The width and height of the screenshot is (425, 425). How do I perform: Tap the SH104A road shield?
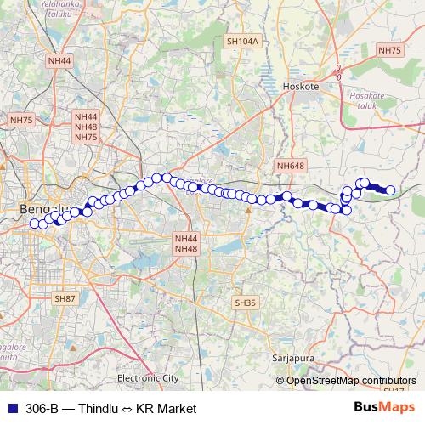coord(241,41)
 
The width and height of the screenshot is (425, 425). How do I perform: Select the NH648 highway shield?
coord(290,165)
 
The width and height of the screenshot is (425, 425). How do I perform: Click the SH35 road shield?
coord(245,303)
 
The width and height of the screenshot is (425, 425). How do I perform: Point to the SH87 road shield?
coord(65,299)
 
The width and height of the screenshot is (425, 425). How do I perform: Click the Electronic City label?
coord(149,377)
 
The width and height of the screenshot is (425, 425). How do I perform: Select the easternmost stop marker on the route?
coord(390,190)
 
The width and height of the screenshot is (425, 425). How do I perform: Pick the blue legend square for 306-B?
coord(9,408)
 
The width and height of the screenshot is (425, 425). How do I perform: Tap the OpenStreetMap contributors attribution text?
coord(351,380)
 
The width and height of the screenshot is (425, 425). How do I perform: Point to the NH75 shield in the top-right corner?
coord(389,51)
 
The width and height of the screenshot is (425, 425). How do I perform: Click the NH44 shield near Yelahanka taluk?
coord(60,60)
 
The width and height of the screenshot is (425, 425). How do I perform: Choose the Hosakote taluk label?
coord(370,101)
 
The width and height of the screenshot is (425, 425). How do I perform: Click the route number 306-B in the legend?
coord(42,409)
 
